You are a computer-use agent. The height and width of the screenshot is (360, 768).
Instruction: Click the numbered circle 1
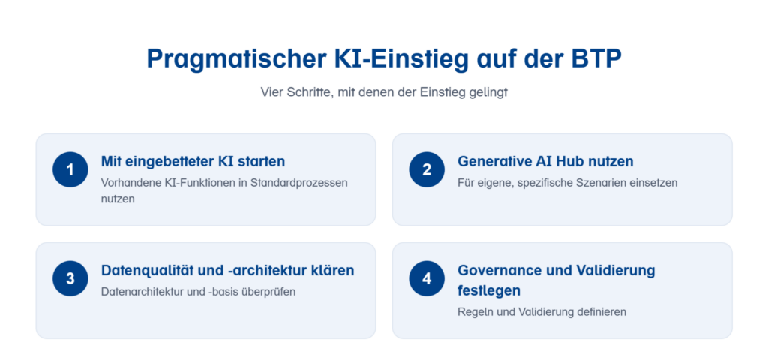70,169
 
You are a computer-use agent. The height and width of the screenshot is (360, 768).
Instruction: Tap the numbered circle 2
427,169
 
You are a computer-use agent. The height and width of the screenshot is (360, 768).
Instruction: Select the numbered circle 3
70,278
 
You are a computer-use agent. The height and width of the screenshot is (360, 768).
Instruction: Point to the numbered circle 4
427,278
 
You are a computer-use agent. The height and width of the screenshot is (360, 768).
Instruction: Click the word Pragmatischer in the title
237,59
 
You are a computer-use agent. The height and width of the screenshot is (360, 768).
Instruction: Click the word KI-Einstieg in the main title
400,59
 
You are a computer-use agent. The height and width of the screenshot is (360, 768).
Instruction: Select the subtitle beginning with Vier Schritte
384,92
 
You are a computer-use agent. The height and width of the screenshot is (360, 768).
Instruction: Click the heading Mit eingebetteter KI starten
193,161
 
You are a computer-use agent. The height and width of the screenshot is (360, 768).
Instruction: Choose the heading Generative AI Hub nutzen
545,161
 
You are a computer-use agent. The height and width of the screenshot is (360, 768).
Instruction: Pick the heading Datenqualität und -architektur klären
228,270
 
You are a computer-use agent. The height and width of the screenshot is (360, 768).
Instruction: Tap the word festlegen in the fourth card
489,290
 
